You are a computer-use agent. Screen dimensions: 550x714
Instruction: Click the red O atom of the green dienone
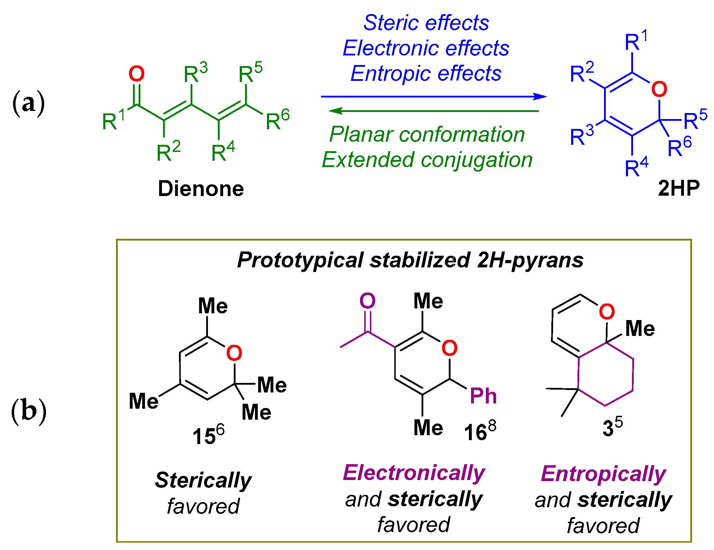click(x=137, y=74)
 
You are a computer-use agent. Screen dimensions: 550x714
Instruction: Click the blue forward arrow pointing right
click(x=433, y=96)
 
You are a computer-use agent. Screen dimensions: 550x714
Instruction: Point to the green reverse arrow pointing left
click(x=433, y=111)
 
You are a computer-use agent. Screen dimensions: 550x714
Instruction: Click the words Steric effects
click(x=426, y=23)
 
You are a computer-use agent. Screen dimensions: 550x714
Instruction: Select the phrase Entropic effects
click(x=426, y=73)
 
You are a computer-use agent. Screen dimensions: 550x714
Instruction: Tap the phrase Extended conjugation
click(x=427, y=160)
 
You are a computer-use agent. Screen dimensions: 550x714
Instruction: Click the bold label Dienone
click(x=201, y=189)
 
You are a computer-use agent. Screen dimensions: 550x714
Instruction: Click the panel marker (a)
click(x=29, y=104)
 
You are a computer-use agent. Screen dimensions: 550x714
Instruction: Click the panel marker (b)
click(x=29, y=411)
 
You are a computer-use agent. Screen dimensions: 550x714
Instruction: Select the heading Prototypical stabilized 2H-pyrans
click(x=410, y=260)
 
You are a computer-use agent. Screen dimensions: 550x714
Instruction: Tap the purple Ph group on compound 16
click(x=483, y=396)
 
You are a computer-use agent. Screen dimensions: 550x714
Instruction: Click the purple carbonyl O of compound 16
click(x=367, y=301)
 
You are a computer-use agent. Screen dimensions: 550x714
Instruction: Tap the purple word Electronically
click(x=414, y=473)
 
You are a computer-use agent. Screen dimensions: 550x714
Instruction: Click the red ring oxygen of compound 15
click(x=234, y=353)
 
